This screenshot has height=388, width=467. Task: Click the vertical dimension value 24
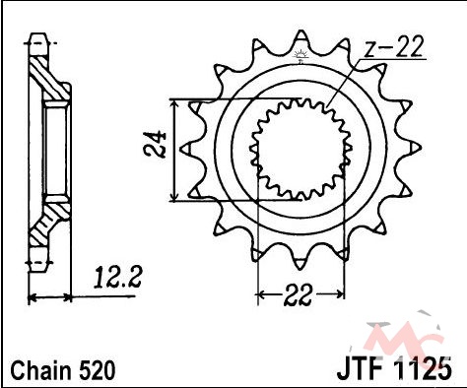[155, 145]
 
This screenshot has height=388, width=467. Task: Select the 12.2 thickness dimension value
[118, 278]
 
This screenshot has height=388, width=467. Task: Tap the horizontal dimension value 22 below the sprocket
[298, 294]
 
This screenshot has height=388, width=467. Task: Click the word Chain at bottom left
[40, 371]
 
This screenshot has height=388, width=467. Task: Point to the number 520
[97, 371]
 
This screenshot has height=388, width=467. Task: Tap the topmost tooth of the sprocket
[300, 36]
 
